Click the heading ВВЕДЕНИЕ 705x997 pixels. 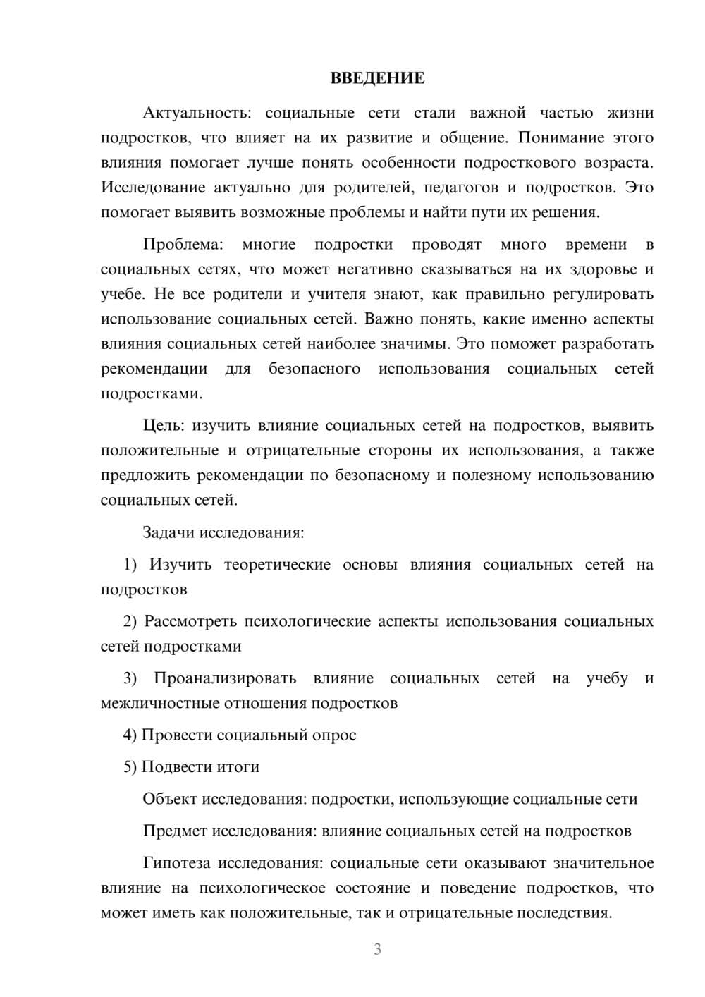(377, 78)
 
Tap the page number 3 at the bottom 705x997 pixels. (377, 949)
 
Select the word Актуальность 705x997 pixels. (195, 113)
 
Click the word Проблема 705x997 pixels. (183, 245)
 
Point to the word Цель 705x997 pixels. (164, 426)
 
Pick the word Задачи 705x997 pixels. (168, 532)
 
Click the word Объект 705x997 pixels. (170, 799)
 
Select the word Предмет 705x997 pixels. (175, 831)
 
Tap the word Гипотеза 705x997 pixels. (178, 863)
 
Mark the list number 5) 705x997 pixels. (130, 767)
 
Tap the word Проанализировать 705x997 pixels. (225, 678)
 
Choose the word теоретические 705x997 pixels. (277, 565)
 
